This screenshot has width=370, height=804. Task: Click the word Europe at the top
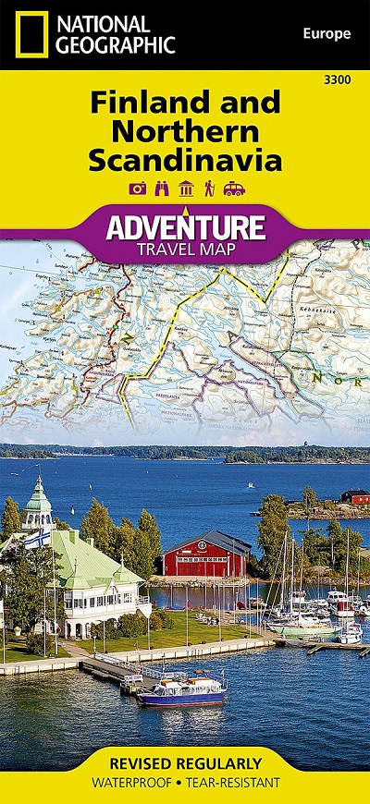tap(327, 34)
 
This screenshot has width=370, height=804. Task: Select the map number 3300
tap(338, 81)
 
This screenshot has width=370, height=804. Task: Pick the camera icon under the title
tap(138, 189)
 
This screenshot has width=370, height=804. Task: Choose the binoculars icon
tap(161, 189)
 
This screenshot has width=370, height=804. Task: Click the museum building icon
tap(185, 189)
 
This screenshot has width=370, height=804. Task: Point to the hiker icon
tap(207, 189)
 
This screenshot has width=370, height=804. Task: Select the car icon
tap(231, 189)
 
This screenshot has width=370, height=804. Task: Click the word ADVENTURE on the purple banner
tap(185, 225)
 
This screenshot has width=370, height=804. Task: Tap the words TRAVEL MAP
tap(185, 248)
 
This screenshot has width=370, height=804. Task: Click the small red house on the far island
tap(354, 496)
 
